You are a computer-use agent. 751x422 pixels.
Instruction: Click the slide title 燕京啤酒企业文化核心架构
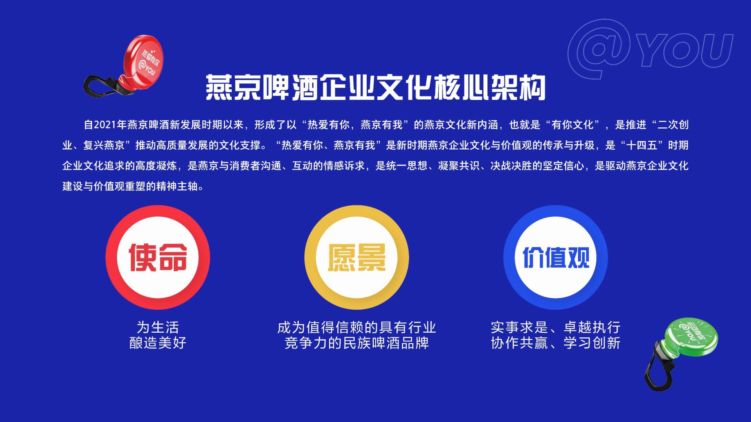[x=376, y=87]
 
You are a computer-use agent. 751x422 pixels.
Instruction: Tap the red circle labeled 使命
[x=158, y=257]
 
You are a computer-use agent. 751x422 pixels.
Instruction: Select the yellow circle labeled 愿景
[x=357, y=257]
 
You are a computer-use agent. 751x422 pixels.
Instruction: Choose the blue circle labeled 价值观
[x=555, y=257]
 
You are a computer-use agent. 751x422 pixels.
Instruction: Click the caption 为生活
[x=158, y=327]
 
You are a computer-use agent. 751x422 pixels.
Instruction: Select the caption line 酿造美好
[x=158, y=343]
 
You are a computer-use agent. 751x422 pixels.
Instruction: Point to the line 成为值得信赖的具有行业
[x=357, y=327]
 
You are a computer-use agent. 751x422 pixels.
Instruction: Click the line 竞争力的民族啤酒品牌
[x=357, y=343]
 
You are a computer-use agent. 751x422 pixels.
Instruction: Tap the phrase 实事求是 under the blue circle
[x=519, y=327]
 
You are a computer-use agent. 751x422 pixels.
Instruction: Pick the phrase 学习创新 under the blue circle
[x=592, y=343]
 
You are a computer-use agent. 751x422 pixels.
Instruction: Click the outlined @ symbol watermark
[x=599, y=49]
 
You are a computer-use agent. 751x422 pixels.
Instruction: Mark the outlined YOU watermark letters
[x=685, y=50]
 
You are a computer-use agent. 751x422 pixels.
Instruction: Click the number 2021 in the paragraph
[x=105, y=125]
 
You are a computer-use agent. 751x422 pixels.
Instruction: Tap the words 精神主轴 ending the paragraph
[x=177, y=186]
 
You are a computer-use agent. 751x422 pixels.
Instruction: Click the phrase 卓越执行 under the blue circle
[x=592, y=327]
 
